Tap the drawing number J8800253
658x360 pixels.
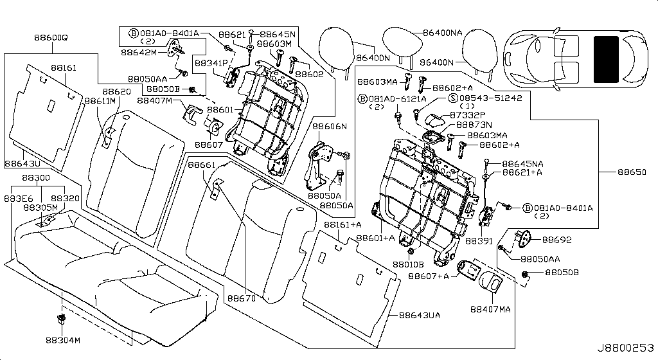click(x=626, y=348)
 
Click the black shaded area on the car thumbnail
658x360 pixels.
click(x=606, y=59)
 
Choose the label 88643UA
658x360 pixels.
click(x=419, y=316)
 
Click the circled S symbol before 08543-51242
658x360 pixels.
click(x=452, y=98)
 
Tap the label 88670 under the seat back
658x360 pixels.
click(x=241, y=298)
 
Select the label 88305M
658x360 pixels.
click(x=40, y=208)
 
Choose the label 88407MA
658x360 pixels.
click(x=490, y=309)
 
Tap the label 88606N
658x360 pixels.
click(x=330, y=127)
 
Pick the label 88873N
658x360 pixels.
click(x=474, y=124)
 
